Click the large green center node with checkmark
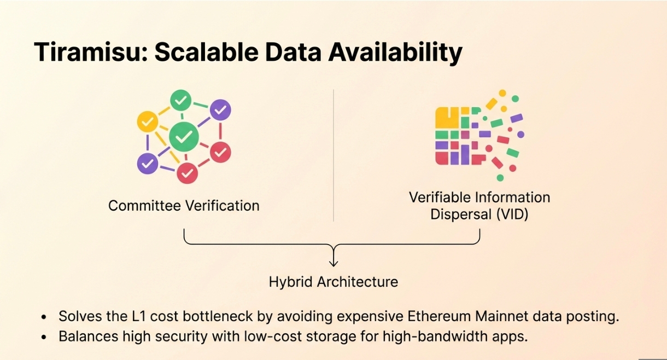click(184, 136)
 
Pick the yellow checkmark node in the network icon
click(146, 121)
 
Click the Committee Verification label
click(184, 206)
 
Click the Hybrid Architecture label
click(333, 282)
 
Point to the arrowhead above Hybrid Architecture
click(333, 264)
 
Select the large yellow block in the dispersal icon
click(446, 118)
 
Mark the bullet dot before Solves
click(44, 317)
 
